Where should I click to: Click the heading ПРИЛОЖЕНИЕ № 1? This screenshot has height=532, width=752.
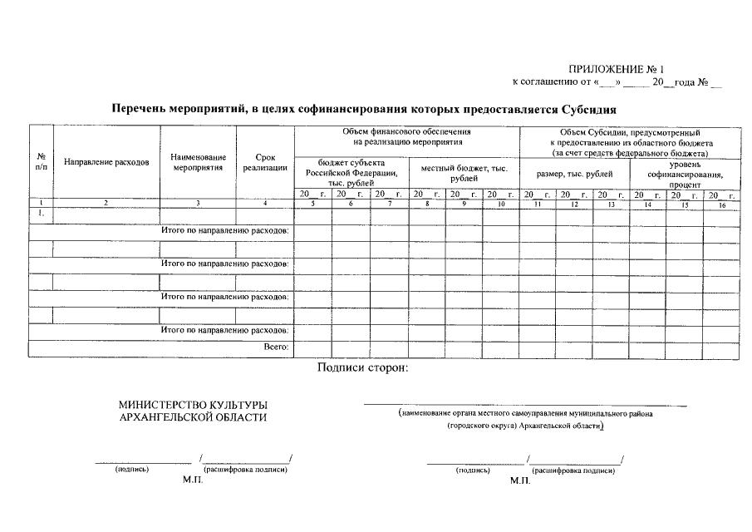click(617, 69)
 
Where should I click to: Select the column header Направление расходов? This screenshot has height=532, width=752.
click(106, 162)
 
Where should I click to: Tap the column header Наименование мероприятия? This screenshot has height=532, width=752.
click(198, 162)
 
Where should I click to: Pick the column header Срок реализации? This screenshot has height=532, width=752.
click(265, 162)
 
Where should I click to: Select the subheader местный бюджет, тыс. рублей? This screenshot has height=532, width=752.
click(464, 174)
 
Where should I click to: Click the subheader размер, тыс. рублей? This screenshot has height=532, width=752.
click(574, 174)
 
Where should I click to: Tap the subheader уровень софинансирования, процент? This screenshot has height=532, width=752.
click(685, 175)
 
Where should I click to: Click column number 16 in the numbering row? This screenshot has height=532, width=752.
click(721, 204)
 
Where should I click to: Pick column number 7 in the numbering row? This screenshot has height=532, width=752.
click(388, 204)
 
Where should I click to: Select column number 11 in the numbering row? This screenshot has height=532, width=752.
click(537, 204)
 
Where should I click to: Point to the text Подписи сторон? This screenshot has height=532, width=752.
click(362, 368)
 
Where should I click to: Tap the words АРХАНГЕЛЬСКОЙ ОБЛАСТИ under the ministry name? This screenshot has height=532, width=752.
click(194, 417)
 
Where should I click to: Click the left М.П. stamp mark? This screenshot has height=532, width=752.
click(192, 481)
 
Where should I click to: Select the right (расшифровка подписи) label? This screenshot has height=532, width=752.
click(574, 470)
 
